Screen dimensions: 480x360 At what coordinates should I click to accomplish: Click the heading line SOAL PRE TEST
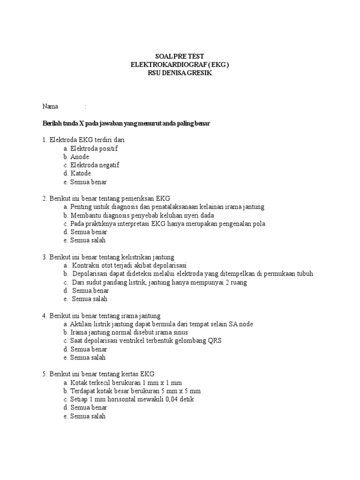(180, 56)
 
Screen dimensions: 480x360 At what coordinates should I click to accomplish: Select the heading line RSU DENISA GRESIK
(180, 73)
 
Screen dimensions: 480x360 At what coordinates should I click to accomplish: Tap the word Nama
(50, 106)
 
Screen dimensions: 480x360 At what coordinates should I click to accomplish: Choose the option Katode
(80, 173)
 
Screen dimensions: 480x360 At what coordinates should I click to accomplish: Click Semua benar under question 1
(88, 182)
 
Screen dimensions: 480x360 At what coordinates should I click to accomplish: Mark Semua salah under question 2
(88, 240)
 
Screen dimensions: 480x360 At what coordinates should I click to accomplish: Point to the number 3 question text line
(108, 257)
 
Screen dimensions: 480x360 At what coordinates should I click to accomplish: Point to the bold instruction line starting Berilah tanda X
(127, 123)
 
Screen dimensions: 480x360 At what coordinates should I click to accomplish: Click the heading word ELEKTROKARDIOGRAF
(165, 64)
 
